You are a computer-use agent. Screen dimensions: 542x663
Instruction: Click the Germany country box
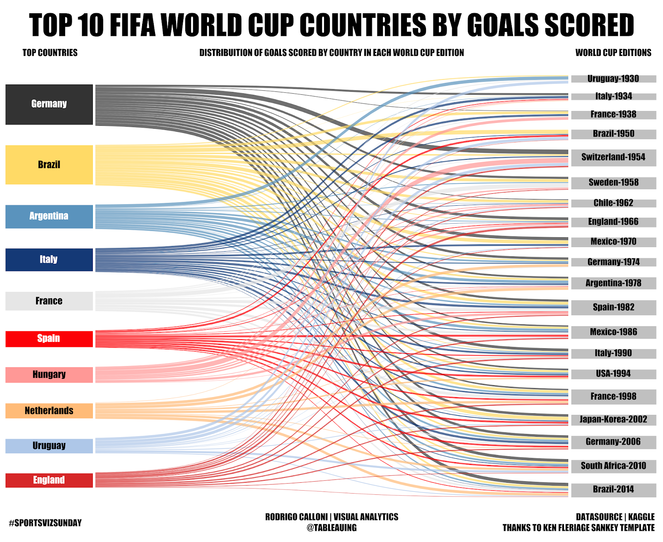click(x=49, y=104)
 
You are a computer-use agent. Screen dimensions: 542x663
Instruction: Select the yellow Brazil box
click(x=49, y=165)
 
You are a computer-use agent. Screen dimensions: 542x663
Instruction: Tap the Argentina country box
click(x=49, y=217)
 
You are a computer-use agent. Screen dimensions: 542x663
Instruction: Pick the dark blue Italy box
click(x=49, y=260)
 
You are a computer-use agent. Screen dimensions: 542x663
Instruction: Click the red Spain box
click(x=49, y=339)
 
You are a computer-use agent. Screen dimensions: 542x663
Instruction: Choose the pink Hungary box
click(x=49, y=375)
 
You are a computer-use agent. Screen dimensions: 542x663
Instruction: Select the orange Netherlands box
click(x=49, y=411)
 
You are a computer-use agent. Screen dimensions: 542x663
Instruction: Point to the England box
click(x=49, y=480)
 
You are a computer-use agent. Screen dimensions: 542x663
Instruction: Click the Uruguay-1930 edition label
click(x=613, y=79)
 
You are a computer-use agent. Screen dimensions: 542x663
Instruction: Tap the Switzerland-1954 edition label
click(x=613, y=157)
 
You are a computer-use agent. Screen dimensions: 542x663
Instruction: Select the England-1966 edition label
click(x=613, y=222)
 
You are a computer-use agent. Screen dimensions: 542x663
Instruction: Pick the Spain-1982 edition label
click(x=613, y=307)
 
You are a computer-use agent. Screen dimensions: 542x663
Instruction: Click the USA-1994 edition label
click(x=613, y=374)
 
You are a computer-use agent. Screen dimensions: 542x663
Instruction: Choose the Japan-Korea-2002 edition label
click(x=613, y=419)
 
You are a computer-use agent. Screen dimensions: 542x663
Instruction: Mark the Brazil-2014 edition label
click(x=613, y=489)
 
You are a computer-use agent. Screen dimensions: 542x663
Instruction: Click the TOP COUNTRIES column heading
click(x=50, y=53)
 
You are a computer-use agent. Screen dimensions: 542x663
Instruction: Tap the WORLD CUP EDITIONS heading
click(x=613, y=53)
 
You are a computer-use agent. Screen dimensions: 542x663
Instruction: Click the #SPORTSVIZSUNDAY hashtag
click(x=45, y=523)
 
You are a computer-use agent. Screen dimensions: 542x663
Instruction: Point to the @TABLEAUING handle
click(x=331, y=528)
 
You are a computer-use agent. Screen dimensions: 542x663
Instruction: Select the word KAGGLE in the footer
click(x=641, y=517)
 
